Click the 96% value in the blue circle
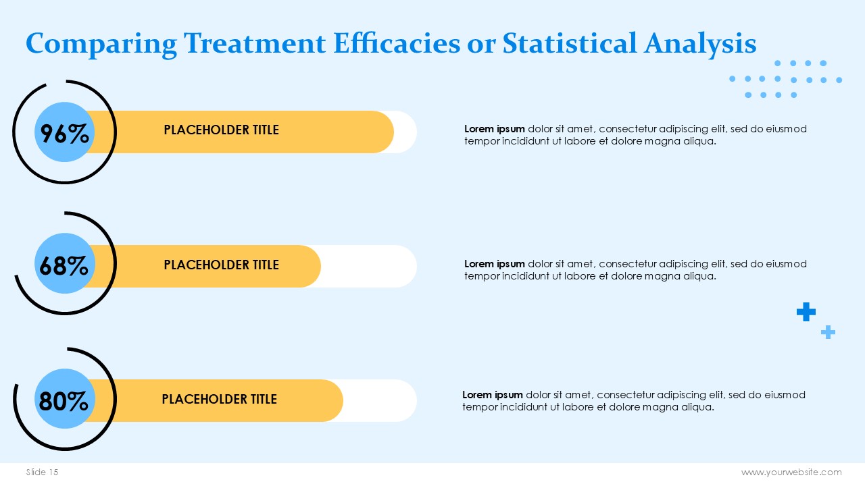[x=64, y=134]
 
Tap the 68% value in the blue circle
[x=64, y=266]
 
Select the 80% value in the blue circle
[x=64, y=401]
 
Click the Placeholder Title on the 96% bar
[x=221, y=130]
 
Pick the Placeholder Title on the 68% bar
[x=221, y=265]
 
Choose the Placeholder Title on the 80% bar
[x=220, y=399]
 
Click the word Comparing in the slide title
[x=101, y=45]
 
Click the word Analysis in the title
[x=699, y=45]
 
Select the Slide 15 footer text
[x=42, y=472]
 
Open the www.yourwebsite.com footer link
[x=791, y=473]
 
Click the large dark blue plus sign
[x=806, y=312]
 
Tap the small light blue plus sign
[x=828, y=332]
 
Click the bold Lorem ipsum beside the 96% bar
[x=494, y=129]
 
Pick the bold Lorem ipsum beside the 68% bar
[x=494, y=264]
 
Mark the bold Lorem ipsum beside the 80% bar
[x=493, y=396]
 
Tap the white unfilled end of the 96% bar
[x=406, y=132]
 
